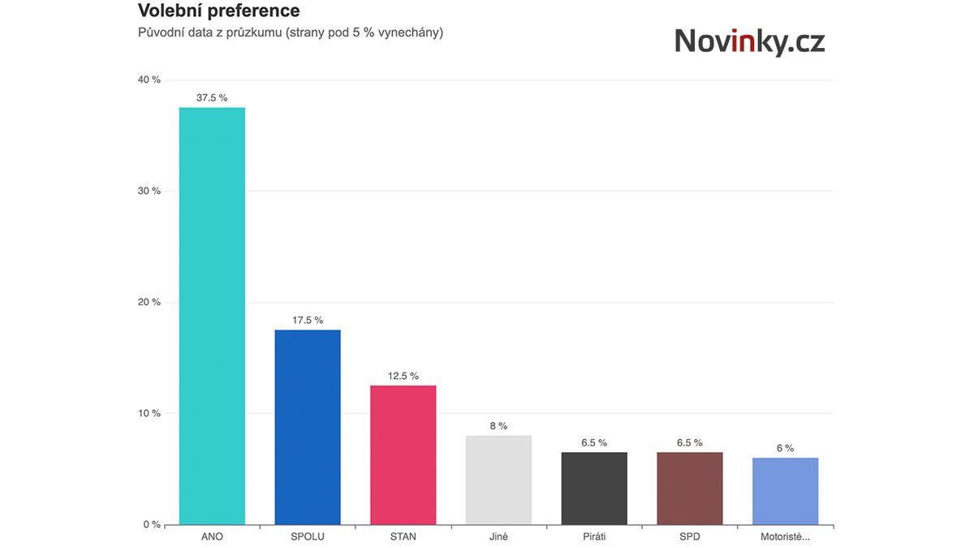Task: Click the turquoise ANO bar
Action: pyautogui.click(x=212, y=317)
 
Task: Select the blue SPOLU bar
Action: pyautogui.click(x=308, y=427)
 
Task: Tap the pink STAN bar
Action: pyautogui.click(x=403, y=455)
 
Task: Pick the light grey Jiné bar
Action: pyautogui.click(x=498, y=480)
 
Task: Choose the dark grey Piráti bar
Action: pyautogui.click(x=594, y=488)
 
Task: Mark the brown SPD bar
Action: pyautogui.click(x=689, y=488)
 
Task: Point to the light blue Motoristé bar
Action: pyautogui.click(x=785, y=491)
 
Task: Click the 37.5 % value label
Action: pyautogui.click(x=212, y=97)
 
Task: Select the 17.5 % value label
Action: pyautogui.click(x=308, y=320)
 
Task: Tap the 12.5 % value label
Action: pyautogui.click(x=403, y=376)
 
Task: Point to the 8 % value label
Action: pyautogui.click(x=498, y=425)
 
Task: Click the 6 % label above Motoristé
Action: pyautogui.click(x=785, y=448)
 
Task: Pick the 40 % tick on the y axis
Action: pyautogui.click(x=150, y=80)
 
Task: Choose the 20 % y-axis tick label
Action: pyautogui.click(x=150, y=302)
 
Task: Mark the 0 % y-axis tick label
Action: pyautogui.click(x=152, y=524)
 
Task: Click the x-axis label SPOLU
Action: pyautogui.click(x=308, y=537)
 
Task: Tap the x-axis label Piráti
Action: pyautogui.click(x=594, y=537)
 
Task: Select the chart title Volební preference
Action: pyautogui.click(x=219, y=11)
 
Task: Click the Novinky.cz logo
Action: pyautogui.click(x=749, y=41)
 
